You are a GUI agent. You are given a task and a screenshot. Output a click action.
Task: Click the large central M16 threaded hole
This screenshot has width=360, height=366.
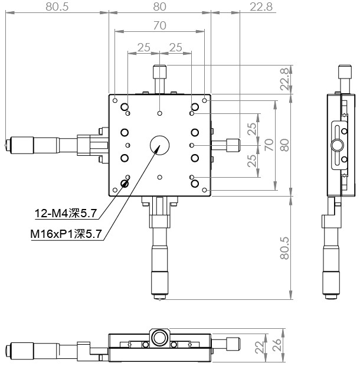tap(159, 145)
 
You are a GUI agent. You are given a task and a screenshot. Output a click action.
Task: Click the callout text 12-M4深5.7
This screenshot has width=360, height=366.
tap(66, 213)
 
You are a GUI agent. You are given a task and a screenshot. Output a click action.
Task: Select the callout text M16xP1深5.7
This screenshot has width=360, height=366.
tap(66, 234)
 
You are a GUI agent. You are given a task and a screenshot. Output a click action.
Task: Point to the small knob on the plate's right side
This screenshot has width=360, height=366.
tap(233, 145)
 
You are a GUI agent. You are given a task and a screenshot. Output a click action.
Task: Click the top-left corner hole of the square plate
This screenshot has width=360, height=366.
tap(115, 100)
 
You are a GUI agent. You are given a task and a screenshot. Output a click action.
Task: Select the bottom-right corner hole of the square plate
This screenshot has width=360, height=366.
tap(204, 190)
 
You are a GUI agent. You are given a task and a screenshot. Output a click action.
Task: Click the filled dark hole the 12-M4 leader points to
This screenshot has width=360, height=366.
tap(125, 184)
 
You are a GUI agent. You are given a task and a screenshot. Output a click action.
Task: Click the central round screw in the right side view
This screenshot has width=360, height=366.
tap(337, 145)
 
